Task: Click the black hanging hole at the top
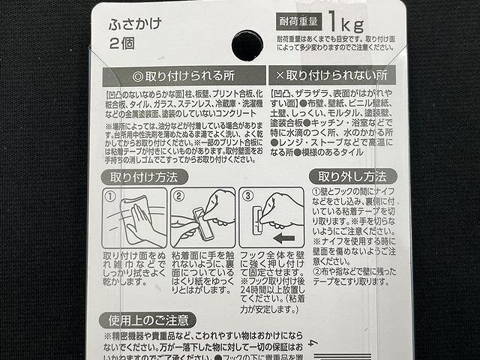pos(247,44)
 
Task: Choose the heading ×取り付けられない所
pos(331,77)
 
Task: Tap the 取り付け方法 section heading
pos(144,178)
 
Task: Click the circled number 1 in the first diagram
pos(109,197)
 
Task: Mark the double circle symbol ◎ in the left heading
pos(137,77)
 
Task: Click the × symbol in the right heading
pos(280,77)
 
